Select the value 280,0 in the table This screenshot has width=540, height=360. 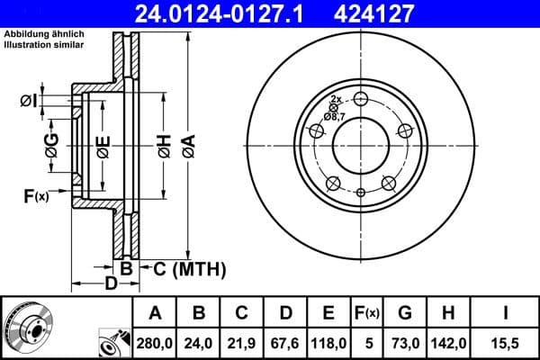click(x=156, y=340)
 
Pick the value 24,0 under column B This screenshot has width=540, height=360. click(x=199, y=340)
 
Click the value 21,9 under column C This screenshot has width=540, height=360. click(x=243, y=340)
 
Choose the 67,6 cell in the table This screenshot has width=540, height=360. click(x=286, y=340)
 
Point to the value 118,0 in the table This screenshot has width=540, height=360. click(x=329, y=340)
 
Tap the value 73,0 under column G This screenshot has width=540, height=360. click(x=405, y=340)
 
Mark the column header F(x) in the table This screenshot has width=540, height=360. click(x=368, y=312)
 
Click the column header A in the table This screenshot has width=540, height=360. click(x=156, y=312)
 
